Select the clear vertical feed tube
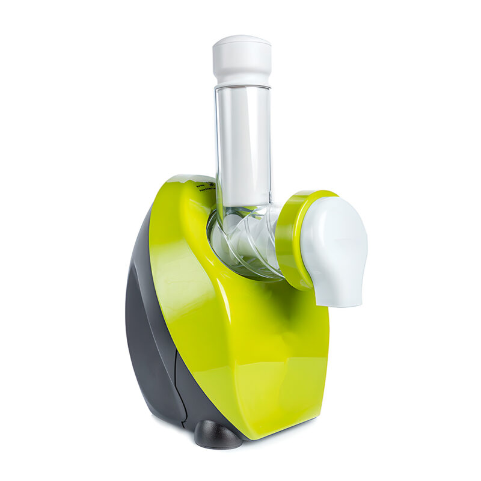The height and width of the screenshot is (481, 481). click(x=243, y=144)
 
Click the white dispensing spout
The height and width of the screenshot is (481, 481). click(x=334, y=247)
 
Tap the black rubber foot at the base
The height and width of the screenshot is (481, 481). click(x=218, y=434)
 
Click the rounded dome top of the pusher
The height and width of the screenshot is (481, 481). click(x=242, y=40)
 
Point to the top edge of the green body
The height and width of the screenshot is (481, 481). click(x=180, y=179)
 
